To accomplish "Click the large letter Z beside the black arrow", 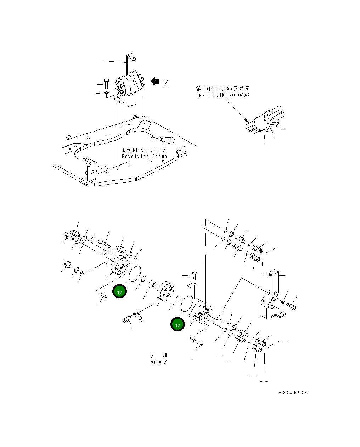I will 165,84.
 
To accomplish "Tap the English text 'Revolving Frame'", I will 144,156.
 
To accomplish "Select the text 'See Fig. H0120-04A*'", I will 223,95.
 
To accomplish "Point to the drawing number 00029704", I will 293,393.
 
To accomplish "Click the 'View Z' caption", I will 158,362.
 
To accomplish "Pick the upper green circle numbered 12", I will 120,292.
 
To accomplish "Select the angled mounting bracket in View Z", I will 272,298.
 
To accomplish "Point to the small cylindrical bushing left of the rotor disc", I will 153,285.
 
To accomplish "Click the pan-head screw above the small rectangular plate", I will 194,275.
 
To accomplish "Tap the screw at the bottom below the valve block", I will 196,342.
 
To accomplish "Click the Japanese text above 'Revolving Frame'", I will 144,150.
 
